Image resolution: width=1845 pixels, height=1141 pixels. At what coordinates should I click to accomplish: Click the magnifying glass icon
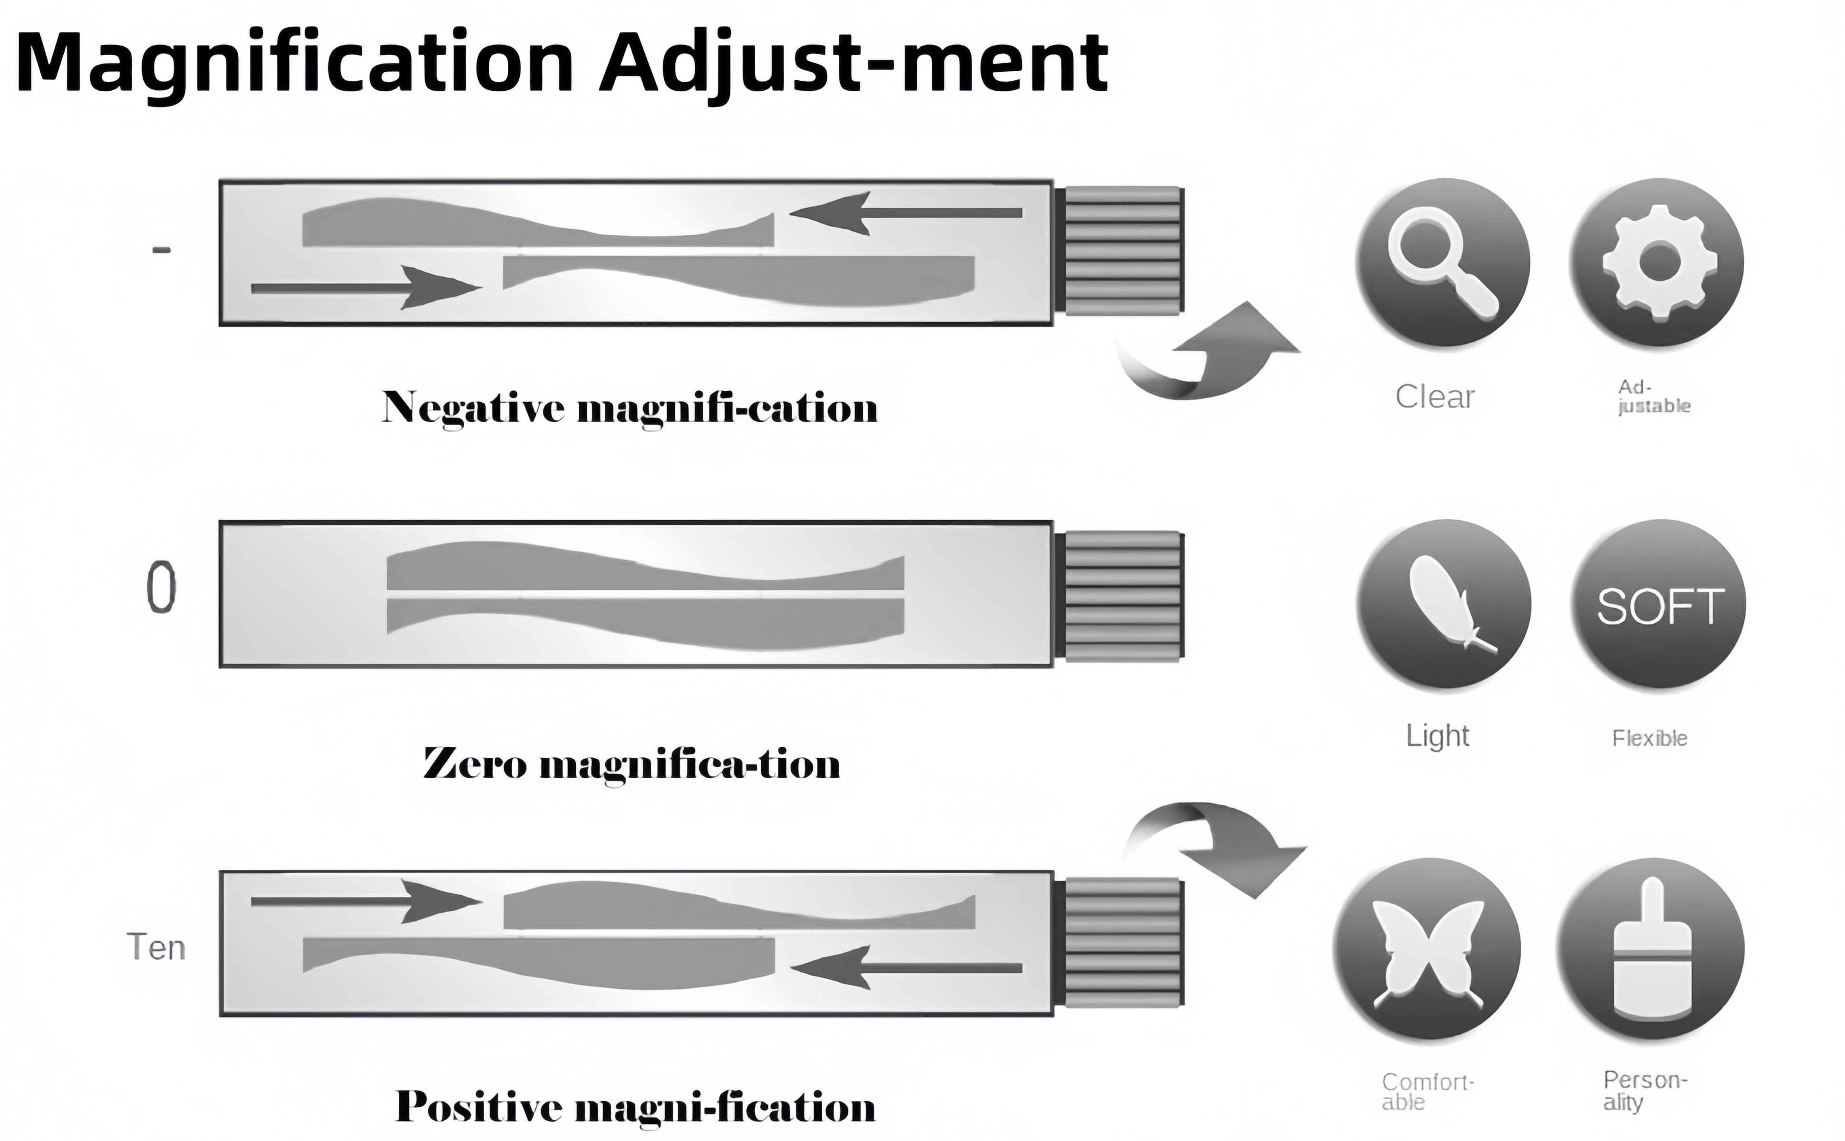[1442, 262]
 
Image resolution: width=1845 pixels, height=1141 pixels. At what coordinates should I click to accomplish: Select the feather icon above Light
[1444, 604]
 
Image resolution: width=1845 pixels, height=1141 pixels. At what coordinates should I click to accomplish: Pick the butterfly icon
[1426, 949]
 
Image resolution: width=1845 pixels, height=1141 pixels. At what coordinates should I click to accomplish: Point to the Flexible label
[1650, 738]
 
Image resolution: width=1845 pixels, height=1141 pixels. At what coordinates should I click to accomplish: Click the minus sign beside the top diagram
[162, 250]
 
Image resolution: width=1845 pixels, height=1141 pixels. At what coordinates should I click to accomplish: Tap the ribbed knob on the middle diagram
[1121, 596]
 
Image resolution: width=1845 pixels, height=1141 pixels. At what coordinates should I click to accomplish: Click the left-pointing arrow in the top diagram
[905, 213]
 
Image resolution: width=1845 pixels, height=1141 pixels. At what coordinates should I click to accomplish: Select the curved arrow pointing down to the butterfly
[1223, 845]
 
